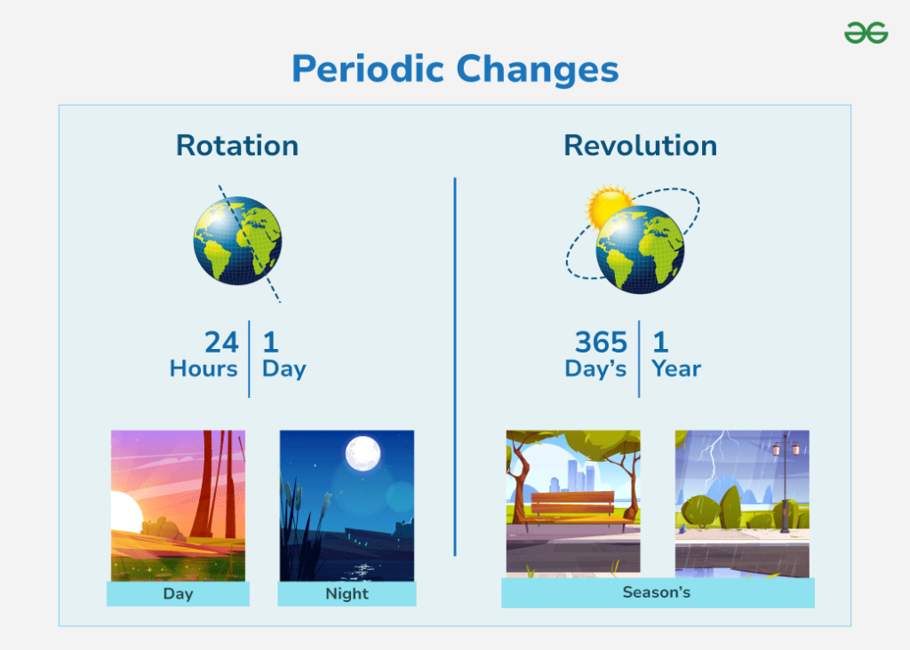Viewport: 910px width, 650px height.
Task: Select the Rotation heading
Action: click(237, 146)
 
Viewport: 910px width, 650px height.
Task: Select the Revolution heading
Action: click(640, 146)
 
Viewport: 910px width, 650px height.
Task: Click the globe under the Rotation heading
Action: click(237, 241)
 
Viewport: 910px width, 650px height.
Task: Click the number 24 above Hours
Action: click(221, 342)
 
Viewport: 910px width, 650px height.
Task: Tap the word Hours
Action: click(204, 369)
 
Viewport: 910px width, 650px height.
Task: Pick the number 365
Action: click(601, 342)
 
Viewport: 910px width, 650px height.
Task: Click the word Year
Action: click(676, 369)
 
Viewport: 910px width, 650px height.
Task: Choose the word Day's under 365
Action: click(595, 369)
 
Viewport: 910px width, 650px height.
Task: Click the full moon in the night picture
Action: click(363, 454)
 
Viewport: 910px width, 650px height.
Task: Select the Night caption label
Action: click(347, 594)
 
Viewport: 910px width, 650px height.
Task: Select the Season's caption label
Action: click(657, 592)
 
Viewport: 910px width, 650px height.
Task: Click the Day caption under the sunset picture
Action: click(178, 594)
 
